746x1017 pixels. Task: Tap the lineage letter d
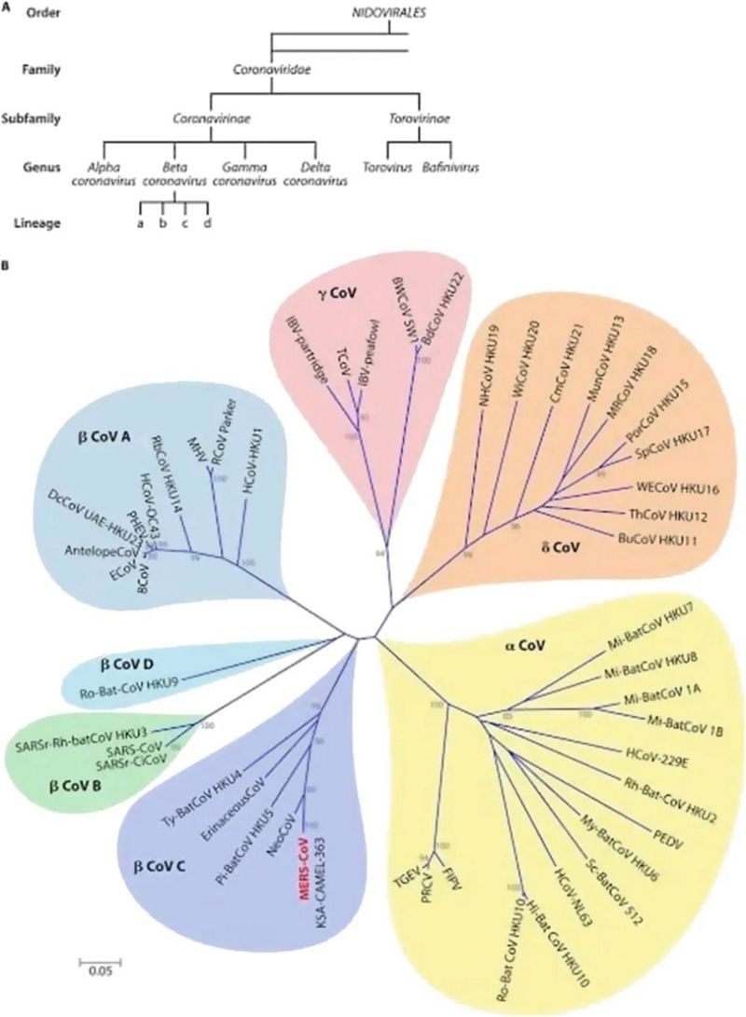208,221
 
